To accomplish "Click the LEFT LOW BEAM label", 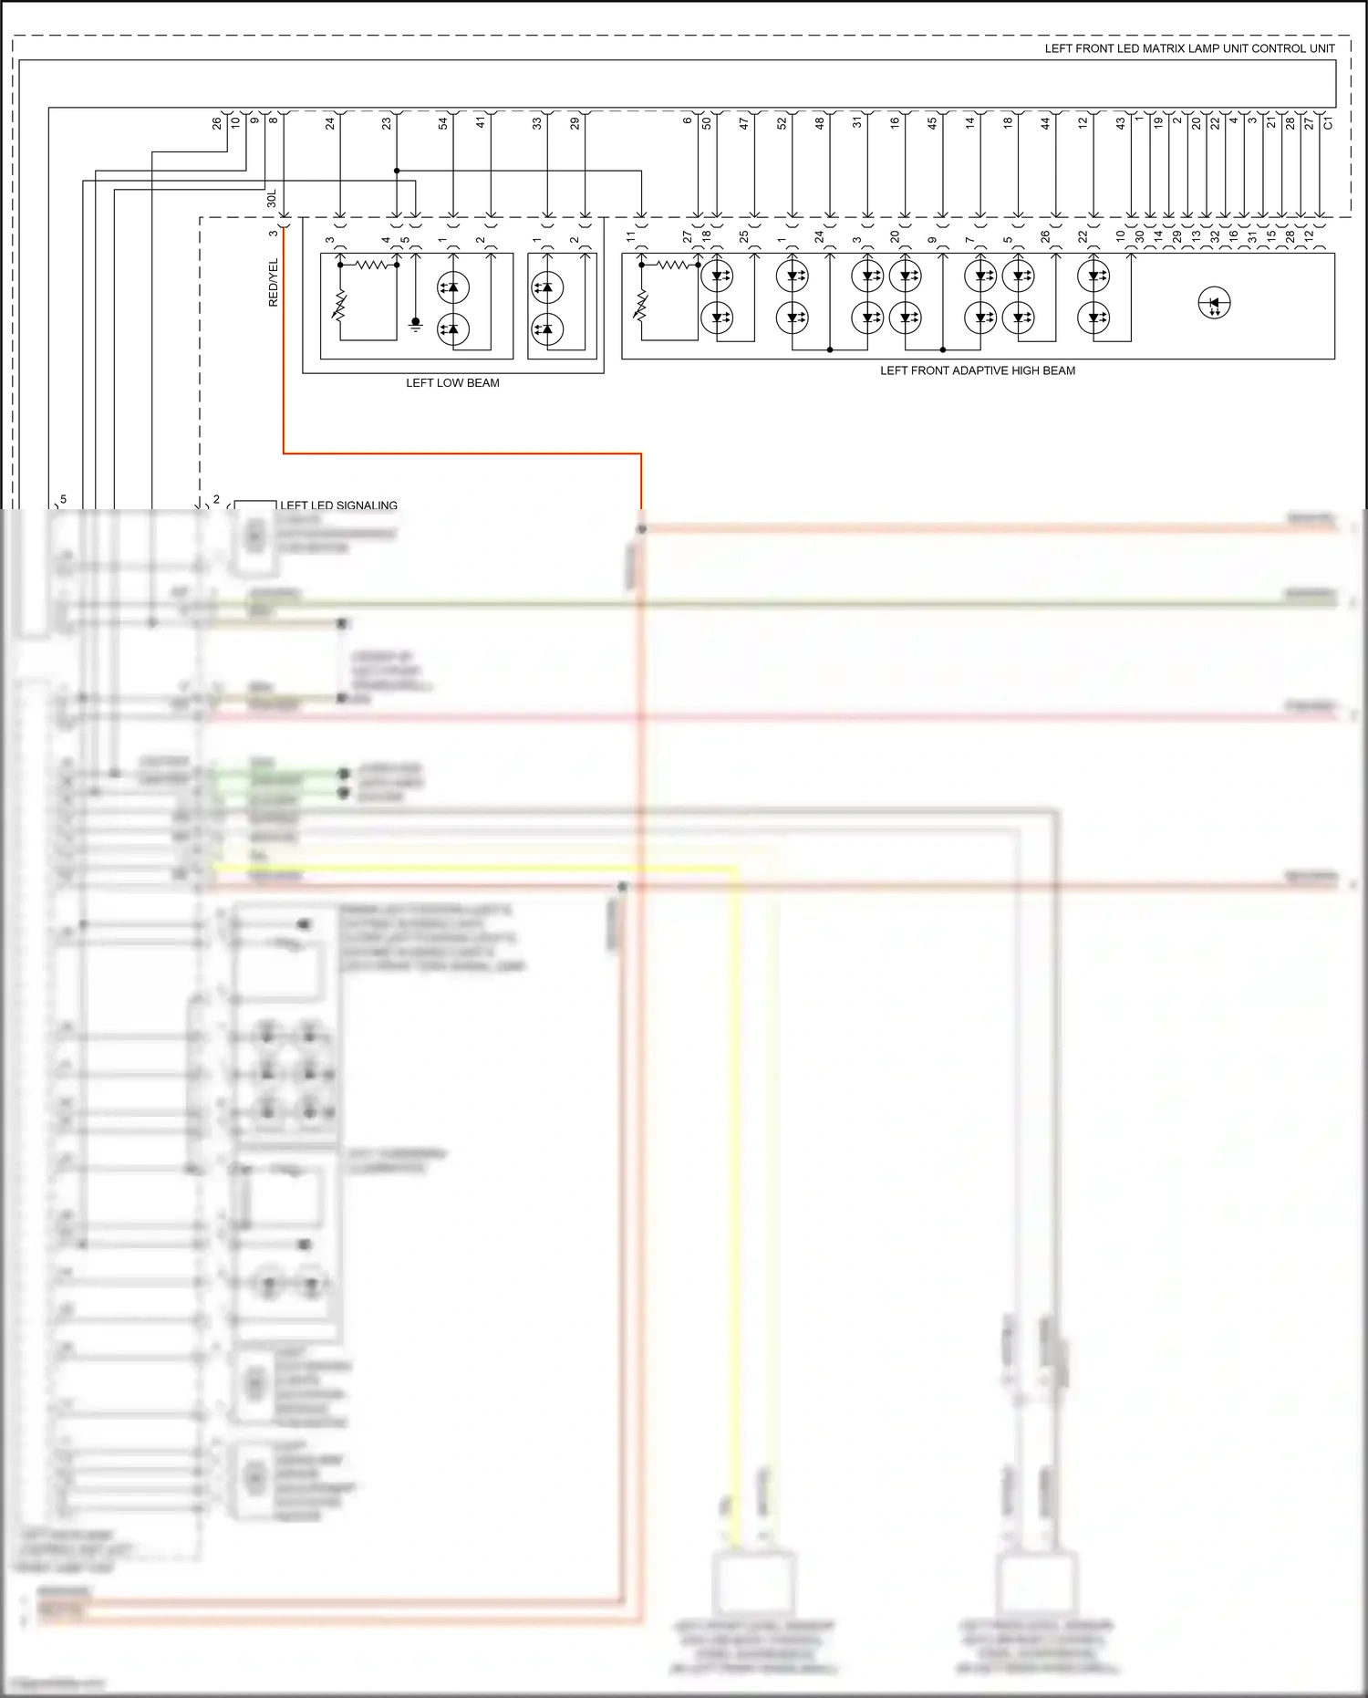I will coord(452,383).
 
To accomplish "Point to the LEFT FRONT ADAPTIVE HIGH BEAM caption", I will coord(977,370).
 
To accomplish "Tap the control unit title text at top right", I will coord(1189,48).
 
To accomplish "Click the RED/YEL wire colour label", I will coord(274,283).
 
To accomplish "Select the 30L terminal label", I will coord(271,199).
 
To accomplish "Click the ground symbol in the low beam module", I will coord(416,323).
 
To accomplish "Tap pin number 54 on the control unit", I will coord(443,122).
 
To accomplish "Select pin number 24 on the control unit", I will coord(330,122).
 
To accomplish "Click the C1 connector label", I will coord(1328,122).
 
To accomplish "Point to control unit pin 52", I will coord(782,122).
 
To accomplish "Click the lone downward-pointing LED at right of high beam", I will coord(1214,303).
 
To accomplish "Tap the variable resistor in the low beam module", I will coord(340,306).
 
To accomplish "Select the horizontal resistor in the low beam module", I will coord(371,265).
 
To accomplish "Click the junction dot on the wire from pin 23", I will coord(397,171).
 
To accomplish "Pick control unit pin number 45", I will coord(932,122).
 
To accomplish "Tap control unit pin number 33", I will coord(537,122).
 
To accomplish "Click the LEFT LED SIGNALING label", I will coord(338,505).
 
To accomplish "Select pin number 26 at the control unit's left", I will coord(217,122).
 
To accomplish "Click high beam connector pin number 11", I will coord(631,237).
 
